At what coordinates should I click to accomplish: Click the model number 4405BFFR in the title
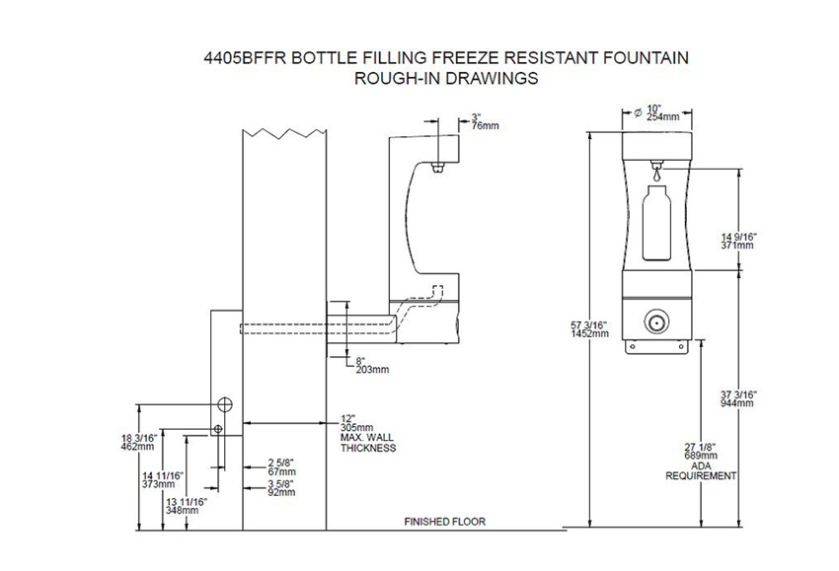click(x=241, y=59)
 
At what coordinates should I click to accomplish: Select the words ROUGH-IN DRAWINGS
click(x=445, y=79)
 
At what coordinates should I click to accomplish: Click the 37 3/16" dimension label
click(x=737, y=397)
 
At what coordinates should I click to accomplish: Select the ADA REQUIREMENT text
click(x=701, y=470)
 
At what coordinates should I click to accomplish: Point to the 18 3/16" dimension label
click(x=137, y=441)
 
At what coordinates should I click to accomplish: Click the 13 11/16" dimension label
click(x=186, y=506)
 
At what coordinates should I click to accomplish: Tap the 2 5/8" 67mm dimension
click(x=281, y=466)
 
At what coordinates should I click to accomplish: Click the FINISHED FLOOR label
click(x=445, y=521)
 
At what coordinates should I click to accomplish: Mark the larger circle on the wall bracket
click(x=224, y=404)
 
